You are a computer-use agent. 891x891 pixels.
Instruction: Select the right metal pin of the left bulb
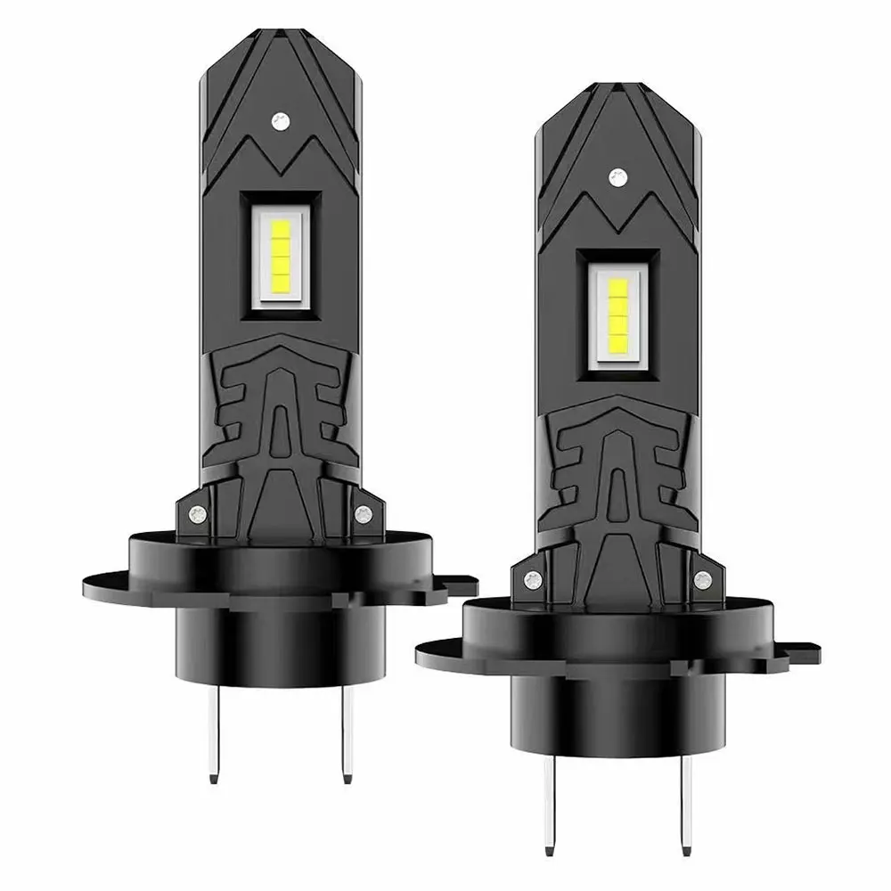point(344,731)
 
